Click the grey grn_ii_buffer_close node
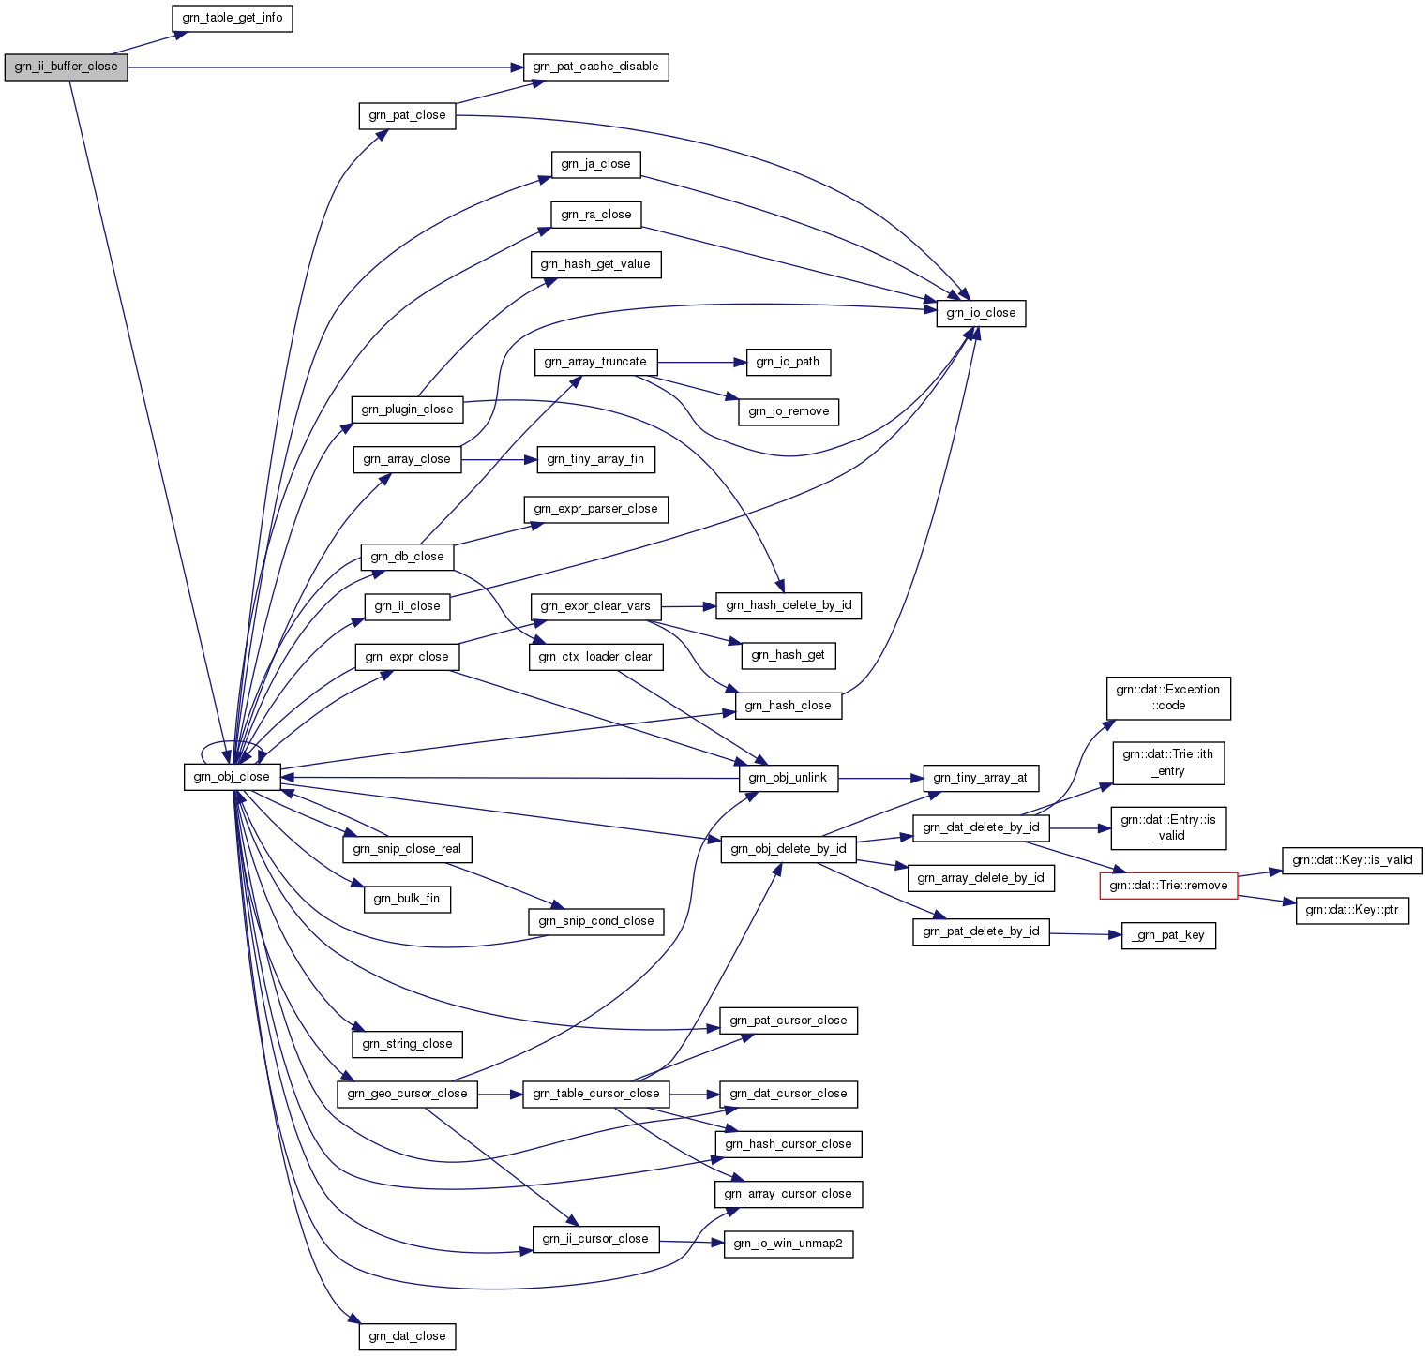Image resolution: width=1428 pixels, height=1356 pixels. pyautogui.click(x=66, y=67)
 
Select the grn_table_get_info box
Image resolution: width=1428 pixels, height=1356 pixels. pyautogui.click(x=233, y=18)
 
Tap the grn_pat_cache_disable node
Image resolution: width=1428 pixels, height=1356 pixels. pyautogui.click(x=595, y=67)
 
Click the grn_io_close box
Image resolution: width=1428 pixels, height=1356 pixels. pyautogui.click(x=981, y=313)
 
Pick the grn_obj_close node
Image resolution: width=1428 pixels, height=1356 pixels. pyautogui.click(x=232, y=777)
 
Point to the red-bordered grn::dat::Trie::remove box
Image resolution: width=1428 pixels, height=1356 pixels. pyautogui.click(x=1168, y=886)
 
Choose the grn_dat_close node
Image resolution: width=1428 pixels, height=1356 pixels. pyautogui.click(x=407, y=1336)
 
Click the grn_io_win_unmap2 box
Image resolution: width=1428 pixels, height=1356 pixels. pyautogui.click(x=788, y=1244)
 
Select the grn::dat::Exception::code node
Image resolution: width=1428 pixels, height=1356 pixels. pyautogui.click(x=1168, y=698)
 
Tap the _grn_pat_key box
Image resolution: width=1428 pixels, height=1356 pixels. pyautogui.click(x=1168, y=935)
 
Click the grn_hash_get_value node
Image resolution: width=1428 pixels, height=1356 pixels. pyautogui.click(x=595, y=264)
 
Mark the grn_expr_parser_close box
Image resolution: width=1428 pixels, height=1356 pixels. pyautogui.click(x=595, y=509)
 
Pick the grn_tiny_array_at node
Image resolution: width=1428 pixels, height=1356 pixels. pyautogui.click(x=980, y=778)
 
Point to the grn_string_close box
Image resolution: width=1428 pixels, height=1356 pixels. pyautogui.click(x=407, y=1044)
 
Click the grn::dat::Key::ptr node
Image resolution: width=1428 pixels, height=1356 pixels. pyautogui.click(x=1352, y=910)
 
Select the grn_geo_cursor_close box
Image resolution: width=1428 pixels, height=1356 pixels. pyautogui.click(x=407, y=1094)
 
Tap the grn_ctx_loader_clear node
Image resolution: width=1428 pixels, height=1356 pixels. pyautogui.click(x=595, y=657)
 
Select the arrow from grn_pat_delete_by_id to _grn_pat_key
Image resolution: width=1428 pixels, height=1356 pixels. pyautogui.click(x=1086, y=933)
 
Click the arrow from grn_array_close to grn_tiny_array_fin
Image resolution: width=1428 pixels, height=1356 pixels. pyautogui.click(x=499, y=459)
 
